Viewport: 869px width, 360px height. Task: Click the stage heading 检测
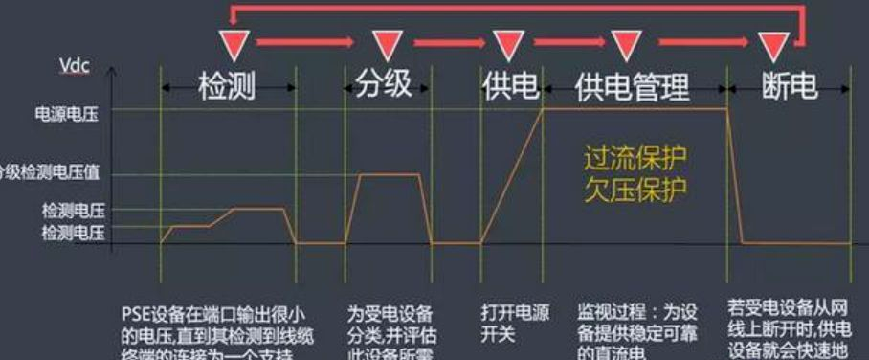click(228, 86)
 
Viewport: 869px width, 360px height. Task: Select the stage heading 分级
click(383, 84)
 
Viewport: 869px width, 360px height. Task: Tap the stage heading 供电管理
click(633, 87)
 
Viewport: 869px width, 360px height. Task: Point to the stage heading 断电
click(790, 86)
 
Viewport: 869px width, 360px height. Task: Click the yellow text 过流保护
click(635, 156)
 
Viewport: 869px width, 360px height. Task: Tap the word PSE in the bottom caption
click(136, 312)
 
